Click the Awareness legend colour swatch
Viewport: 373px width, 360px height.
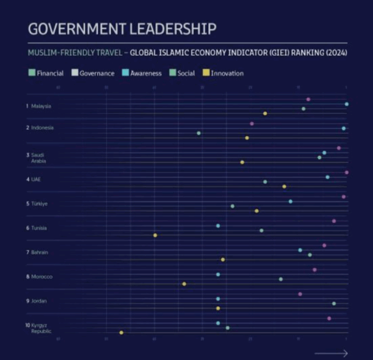125,73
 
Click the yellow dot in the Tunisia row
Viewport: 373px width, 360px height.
155,235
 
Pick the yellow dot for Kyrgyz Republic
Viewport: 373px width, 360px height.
121,332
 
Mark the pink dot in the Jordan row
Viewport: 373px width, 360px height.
300,294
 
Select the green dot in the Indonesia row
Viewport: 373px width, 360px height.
198,133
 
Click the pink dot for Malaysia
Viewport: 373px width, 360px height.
308,99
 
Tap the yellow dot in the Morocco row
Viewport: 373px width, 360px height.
184,284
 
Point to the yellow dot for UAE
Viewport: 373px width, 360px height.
284,186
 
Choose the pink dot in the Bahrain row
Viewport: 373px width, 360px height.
324,246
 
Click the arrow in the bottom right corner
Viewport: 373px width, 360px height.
331,353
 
